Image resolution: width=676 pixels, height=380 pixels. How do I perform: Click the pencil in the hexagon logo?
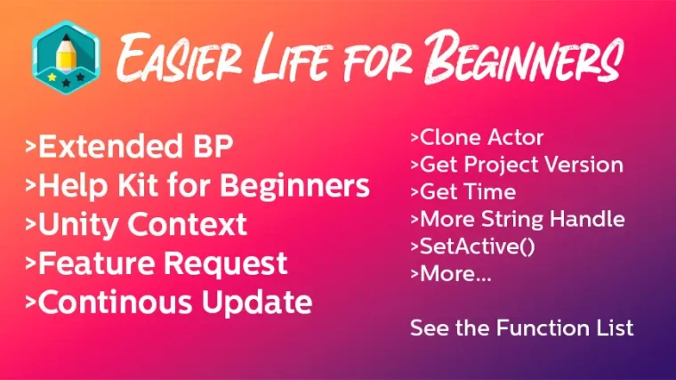point(66,55)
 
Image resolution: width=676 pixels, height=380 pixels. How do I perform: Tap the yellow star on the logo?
point(52,77)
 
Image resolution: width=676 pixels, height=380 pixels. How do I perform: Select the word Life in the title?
point(293,58)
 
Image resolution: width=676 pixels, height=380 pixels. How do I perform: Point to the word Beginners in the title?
point(522,57)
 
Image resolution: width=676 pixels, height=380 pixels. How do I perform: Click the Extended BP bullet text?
point(129,146)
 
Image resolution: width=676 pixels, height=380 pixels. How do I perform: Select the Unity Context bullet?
point(136,224)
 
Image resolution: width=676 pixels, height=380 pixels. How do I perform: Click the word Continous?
point(115,302)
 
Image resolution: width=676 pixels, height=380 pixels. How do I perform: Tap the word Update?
point(257,303)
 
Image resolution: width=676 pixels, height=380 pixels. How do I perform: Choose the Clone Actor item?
point(477,138)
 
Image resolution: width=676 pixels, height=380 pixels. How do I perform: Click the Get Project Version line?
point(517,165)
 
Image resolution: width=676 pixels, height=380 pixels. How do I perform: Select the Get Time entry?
point(463,192)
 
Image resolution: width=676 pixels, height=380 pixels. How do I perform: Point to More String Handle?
point(518,219)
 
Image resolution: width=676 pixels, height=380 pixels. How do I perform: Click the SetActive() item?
point(473,247)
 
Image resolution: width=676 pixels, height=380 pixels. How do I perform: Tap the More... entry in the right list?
point(451,274)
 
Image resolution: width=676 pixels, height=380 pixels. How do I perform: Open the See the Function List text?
point(521,327)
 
